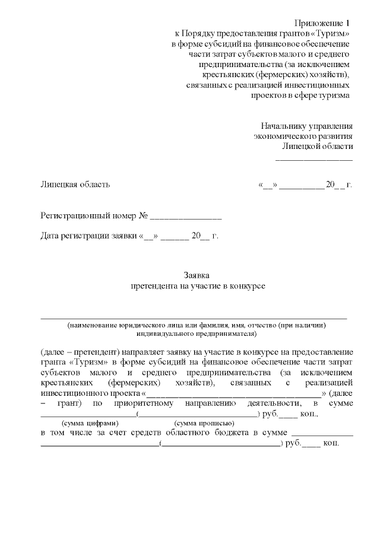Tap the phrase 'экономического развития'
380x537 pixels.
click(303, 136)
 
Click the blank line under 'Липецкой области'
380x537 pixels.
click(314, 159)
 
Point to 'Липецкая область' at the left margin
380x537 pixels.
click(75, 185)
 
